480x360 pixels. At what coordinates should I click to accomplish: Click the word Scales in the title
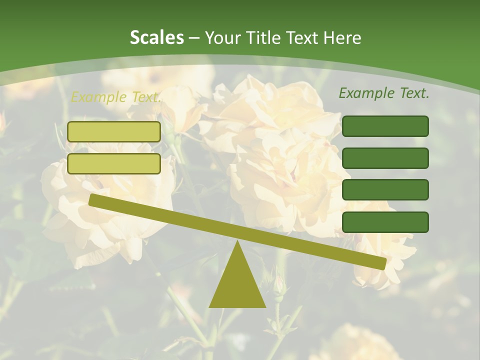(156, 37)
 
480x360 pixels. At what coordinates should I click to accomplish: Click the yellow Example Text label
(115, 97)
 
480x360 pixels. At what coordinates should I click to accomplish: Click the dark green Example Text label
(384, 93)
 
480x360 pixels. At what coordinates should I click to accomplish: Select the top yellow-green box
(114, 131)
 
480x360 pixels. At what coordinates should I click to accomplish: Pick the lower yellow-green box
(114, 163)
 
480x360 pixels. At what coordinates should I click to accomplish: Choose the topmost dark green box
(385, 126)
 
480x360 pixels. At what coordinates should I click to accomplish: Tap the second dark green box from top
(385, 158)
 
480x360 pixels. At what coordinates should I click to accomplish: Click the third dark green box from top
(385, 190)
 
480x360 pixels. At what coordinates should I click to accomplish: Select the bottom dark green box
(385, 222)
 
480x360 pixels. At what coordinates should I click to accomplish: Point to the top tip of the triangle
(237, 243)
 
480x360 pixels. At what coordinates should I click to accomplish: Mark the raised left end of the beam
(93, 199)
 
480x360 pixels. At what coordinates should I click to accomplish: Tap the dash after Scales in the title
(194, 37)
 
